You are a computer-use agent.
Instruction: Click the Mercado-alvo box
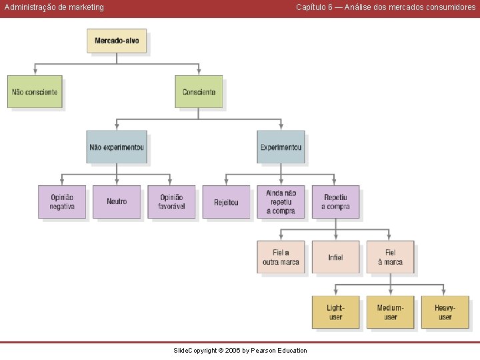click(117, 41)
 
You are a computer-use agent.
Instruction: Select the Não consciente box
click(35, 92)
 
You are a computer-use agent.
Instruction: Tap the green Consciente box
click(199, 92)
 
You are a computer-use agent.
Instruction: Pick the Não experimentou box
click(117, 147)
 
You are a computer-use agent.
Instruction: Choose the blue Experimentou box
click(281, 147)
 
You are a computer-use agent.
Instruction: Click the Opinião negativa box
click(62, 202)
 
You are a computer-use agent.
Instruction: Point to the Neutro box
click(117, 202)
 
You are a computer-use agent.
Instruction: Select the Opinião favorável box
click(171, 202)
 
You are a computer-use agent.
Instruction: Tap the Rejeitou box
click(226, 202)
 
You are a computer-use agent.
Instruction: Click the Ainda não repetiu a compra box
click(281, 202)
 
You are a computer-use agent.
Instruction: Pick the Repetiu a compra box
click(335, 202)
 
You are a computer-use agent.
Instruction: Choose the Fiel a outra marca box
click(281, 257)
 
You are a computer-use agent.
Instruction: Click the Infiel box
click(335, 257)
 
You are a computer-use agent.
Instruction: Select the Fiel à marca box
click(390, 257)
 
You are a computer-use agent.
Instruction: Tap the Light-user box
click(335, 312)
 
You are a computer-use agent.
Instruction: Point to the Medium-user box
click(390, 312)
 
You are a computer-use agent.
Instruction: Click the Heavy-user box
click(445, 312)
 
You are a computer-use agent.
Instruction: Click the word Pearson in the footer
click(263, 351)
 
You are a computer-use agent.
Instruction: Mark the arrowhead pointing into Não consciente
click(35, 72)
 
